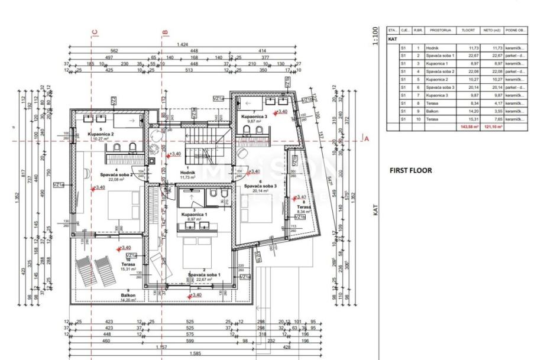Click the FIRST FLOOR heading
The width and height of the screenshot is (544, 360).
410,170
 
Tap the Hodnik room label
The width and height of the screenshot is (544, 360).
188,173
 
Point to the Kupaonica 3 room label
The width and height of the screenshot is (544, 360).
254,117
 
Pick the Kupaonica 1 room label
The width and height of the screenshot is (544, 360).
193,214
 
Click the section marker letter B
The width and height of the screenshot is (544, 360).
165,33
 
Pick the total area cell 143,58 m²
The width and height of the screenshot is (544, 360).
468,127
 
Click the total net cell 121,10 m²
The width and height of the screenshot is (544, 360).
493,127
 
